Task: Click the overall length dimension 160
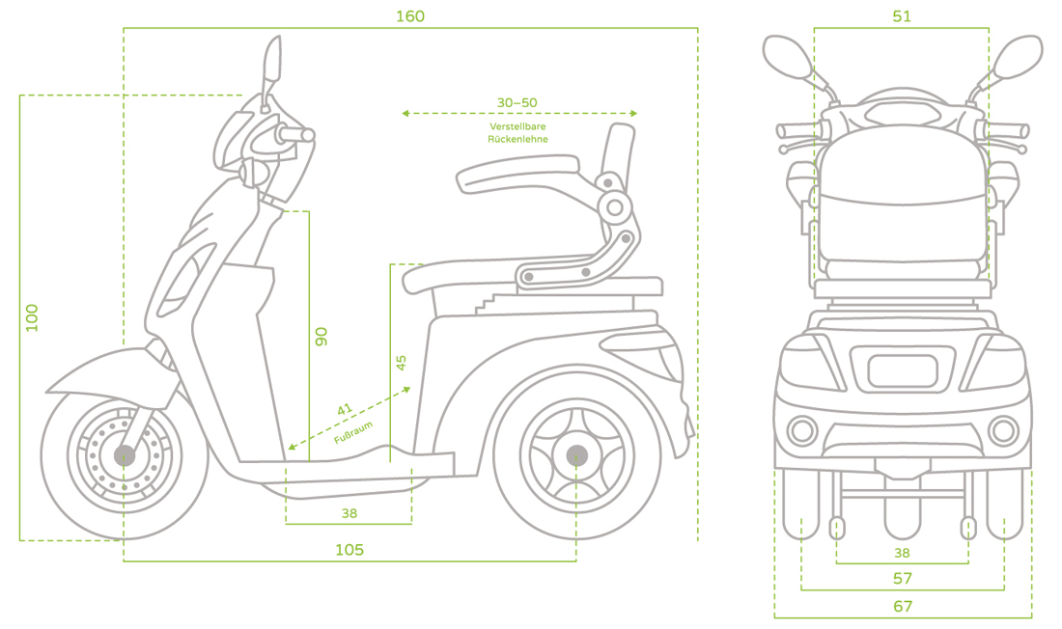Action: tap(409, 16)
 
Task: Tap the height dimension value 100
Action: tap(33, 318)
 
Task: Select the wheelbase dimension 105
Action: tap(349, 550)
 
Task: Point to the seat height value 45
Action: tap(401, 363)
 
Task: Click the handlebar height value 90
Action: tap(321, 337)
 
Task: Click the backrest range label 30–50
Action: tap(517, 102)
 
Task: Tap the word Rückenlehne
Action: tap(517, 139)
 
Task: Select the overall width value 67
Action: tap(903, 606)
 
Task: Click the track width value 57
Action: tap(903, 578)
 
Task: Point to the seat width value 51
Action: tap(902, 16)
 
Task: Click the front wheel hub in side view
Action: tap(125, 455)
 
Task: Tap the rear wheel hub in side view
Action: tap(576, 455)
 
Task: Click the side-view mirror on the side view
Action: tap(273, 62)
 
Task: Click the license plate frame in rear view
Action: tap(903, 371)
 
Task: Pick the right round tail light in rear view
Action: tap(1003, 430)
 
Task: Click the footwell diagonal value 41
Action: tap(345, 410)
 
